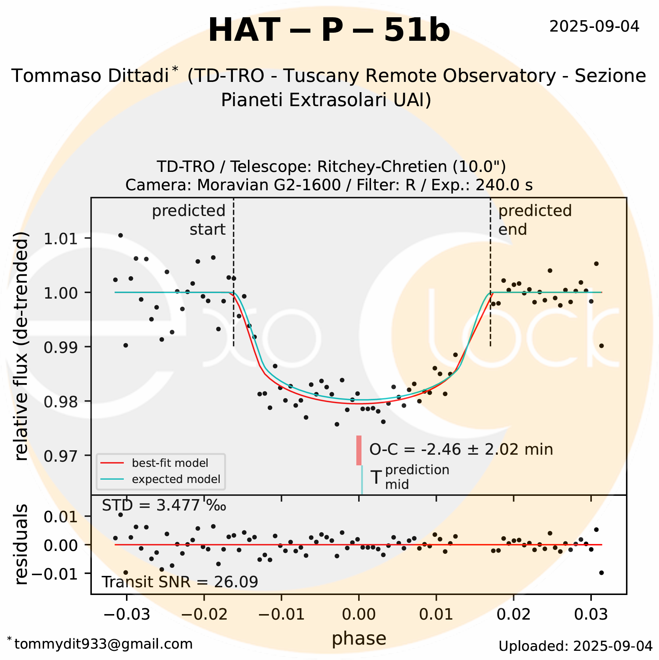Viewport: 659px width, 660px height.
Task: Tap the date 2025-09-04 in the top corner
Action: pyautogui.click(x=594, y=27)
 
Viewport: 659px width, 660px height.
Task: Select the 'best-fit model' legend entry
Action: pyautogui.click(x=170, y=463)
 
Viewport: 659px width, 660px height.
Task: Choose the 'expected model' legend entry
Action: pyautogui.click(x=176, y=479)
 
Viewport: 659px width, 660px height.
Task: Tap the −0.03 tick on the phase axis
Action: pyautogui.click(x=127, y=614)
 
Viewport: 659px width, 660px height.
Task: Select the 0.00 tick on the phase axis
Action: pyautogui.click(x=359, y=614)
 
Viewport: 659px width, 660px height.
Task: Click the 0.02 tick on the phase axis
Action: pyautogui.click(x=514, y=614)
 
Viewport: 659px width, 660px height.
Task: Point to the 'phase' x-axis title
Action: pyautogui.click(x=359, y=638)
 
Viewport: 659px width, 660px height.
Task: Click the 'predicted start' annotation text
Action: pyautogui.click(x=189, y=220)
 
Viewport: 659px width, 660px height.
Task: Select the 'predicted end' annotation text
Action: pyautogui.click(x=535, y=220)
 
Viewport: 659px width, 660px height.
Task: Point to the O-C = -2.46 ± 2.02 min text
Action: pyautogui.click(x=461, y=450)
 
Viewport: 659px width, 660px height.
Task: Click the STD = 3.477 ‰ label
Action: pyautogui.click(x=164, y=506)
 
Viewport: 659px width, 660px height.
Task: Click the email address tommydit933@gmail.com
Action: pyautogui.click(x=103, y=644)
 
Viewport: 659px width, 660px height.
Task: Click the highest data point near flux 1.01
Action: pyautogui.click(x=120, y=235)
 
